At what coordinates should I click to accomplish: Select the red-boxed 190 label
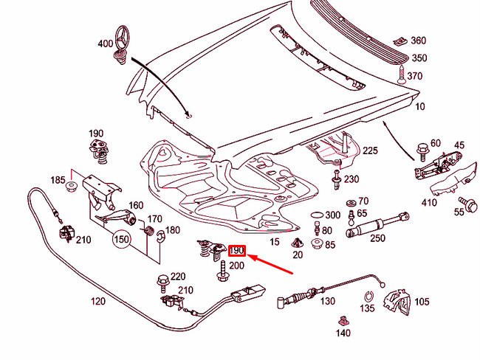point(237,252)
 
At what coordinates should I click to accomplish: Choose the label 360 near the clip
point(418,41)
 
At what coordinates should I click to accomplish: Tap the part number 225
point(370,151)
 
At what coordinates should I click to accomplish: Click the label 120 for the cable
point(98,302)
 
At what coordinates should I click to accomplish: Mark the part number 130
point(328,301)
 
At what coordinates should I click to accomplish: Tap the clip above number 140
point(343,320)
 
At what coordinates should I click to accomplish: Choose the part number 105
point(422,301)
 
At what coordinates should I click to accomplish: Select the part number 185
point(58,180)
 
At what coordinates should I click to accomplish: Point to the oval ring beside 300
point(316,215)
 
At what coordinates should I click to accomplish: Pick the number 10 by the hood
point(420,107)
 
